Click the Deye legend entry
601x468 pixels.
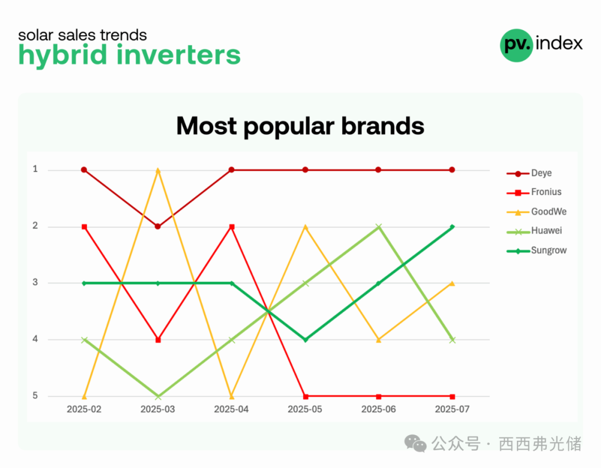click(529, 173)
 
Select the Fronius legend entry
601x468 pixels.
click(534, 192)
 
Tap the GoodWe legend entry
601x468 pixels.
click(536, 212)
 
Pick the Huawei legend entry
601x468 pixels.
click(534, 231)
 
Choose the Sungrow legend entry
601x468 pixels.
click(536, 251)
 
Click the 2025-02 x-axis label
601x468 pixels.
click(84, 409)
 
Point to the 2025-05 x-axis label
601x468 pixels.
click(305, 409)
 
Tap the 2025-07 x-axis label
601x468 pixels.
click(452, 409)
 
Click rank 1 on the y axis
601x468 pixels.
click(35, 169)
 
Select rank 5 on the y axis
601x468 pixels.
click(35, 396)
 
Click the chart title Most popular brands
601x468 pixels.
click(300, 126)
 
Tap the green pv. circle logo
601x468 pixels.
click(516, 45)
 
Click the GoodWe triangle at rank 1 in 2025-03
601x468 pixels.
click(157, 170)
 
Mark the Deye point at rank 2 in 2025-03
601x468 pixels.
click(157, 226)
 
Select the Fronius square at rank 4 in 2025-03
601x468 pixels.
click(158, 340)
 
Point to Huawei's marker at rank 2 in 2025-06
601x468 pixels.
click(379, 227)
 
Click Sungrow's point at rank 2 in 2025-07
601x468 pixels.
click(452, 227)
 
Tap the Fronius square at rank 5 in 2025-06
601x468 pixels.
click(379, 396)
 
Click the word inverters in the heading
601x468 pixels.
click(178, 55)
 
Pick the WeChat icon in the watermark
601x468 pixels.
click(415, 443)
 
